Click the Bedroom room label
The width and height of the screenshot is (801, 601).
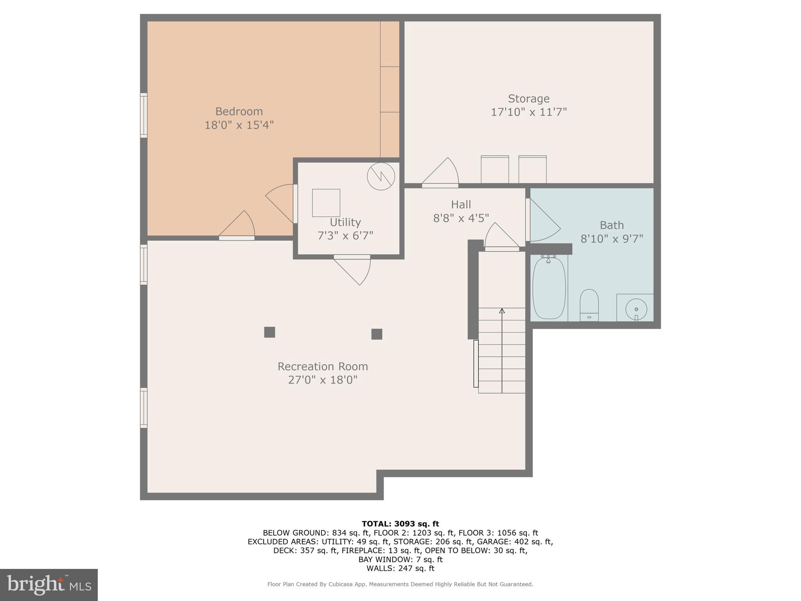[x=239, y=112]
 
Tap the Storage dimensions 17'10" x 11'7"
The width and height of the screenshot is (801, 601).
[x=528, y=112]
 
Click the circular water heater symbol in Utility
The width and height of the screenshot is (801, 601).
[x=381, y=176]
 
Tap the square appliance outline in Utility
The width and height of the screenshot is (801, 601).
[x=326, y=203]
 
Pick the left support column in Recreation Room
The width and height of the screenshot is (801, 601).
[x=269, y=332]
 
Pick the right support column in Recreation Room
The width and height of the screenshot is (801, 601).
[x=377, y=334]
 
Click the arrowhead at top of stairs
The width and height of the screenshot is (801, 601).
[x=502, y=311]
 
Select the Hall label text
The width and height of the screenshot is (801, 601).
[x=461, y=205]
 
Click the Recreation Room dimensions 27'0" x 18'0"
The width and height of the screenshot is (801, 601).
[x=323, y=380]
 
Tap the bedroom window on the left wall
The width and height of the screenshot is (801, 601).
[x=144, y=115]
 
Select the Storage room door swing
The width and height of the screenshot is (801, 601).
[x=442, y=172]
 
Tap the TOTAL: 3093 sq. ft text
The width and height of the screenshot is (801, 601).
[x=400, y=524]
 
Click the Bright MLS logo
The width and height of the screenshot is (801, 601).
[x=49, y=585]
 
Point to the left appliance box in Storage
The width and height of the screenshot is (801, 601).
[x=495, y=169]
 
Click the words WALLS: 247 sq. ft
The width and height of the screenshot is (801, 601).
[x=400, y=568]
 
